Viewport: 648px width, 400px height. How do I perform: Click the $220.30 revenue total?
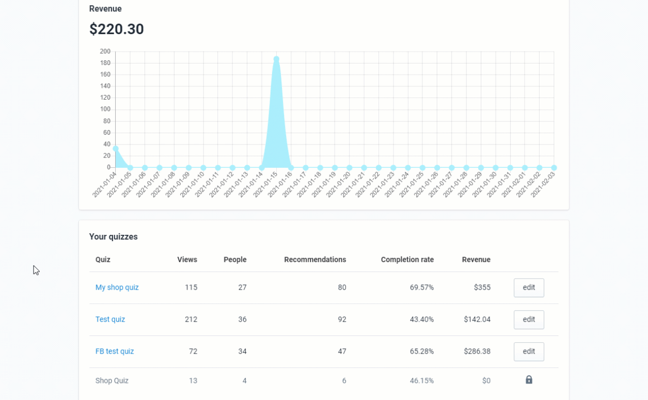117,29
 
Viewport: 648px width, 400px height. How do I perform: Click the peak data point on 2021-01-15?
276,59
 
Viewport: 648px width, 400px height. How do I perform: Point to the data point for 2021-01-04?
116,149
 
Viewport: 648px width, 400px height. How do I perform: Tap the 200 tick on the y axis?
105,52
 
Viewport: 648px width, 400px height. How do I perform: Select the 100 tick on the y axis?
105,109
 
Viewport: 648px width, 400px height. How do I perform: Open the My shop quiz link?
117,287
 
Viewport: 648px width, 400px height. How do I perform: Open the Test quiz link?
110,319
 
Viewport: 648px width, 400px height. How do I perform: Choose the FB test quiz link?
115,351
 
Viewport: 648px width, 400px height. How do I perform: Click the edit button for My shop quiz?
529,287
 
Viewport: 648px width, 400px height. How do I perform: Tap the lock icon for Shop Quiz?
529,380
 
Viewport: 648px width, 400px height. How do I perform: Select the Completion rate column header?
407,260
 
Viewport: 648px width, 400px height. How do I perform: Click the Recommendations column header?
315,260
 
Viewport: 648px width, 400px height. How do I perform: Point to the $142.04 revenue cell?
477,319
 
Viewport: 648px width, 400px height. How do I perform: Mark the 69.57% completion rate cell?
422,287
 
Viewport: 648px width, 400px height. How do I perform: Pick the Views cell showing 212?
191,319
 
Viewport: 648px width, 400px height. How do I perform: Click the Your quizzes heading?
114,237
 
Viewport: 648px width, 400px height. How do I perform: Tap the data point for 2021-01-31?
510,168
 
